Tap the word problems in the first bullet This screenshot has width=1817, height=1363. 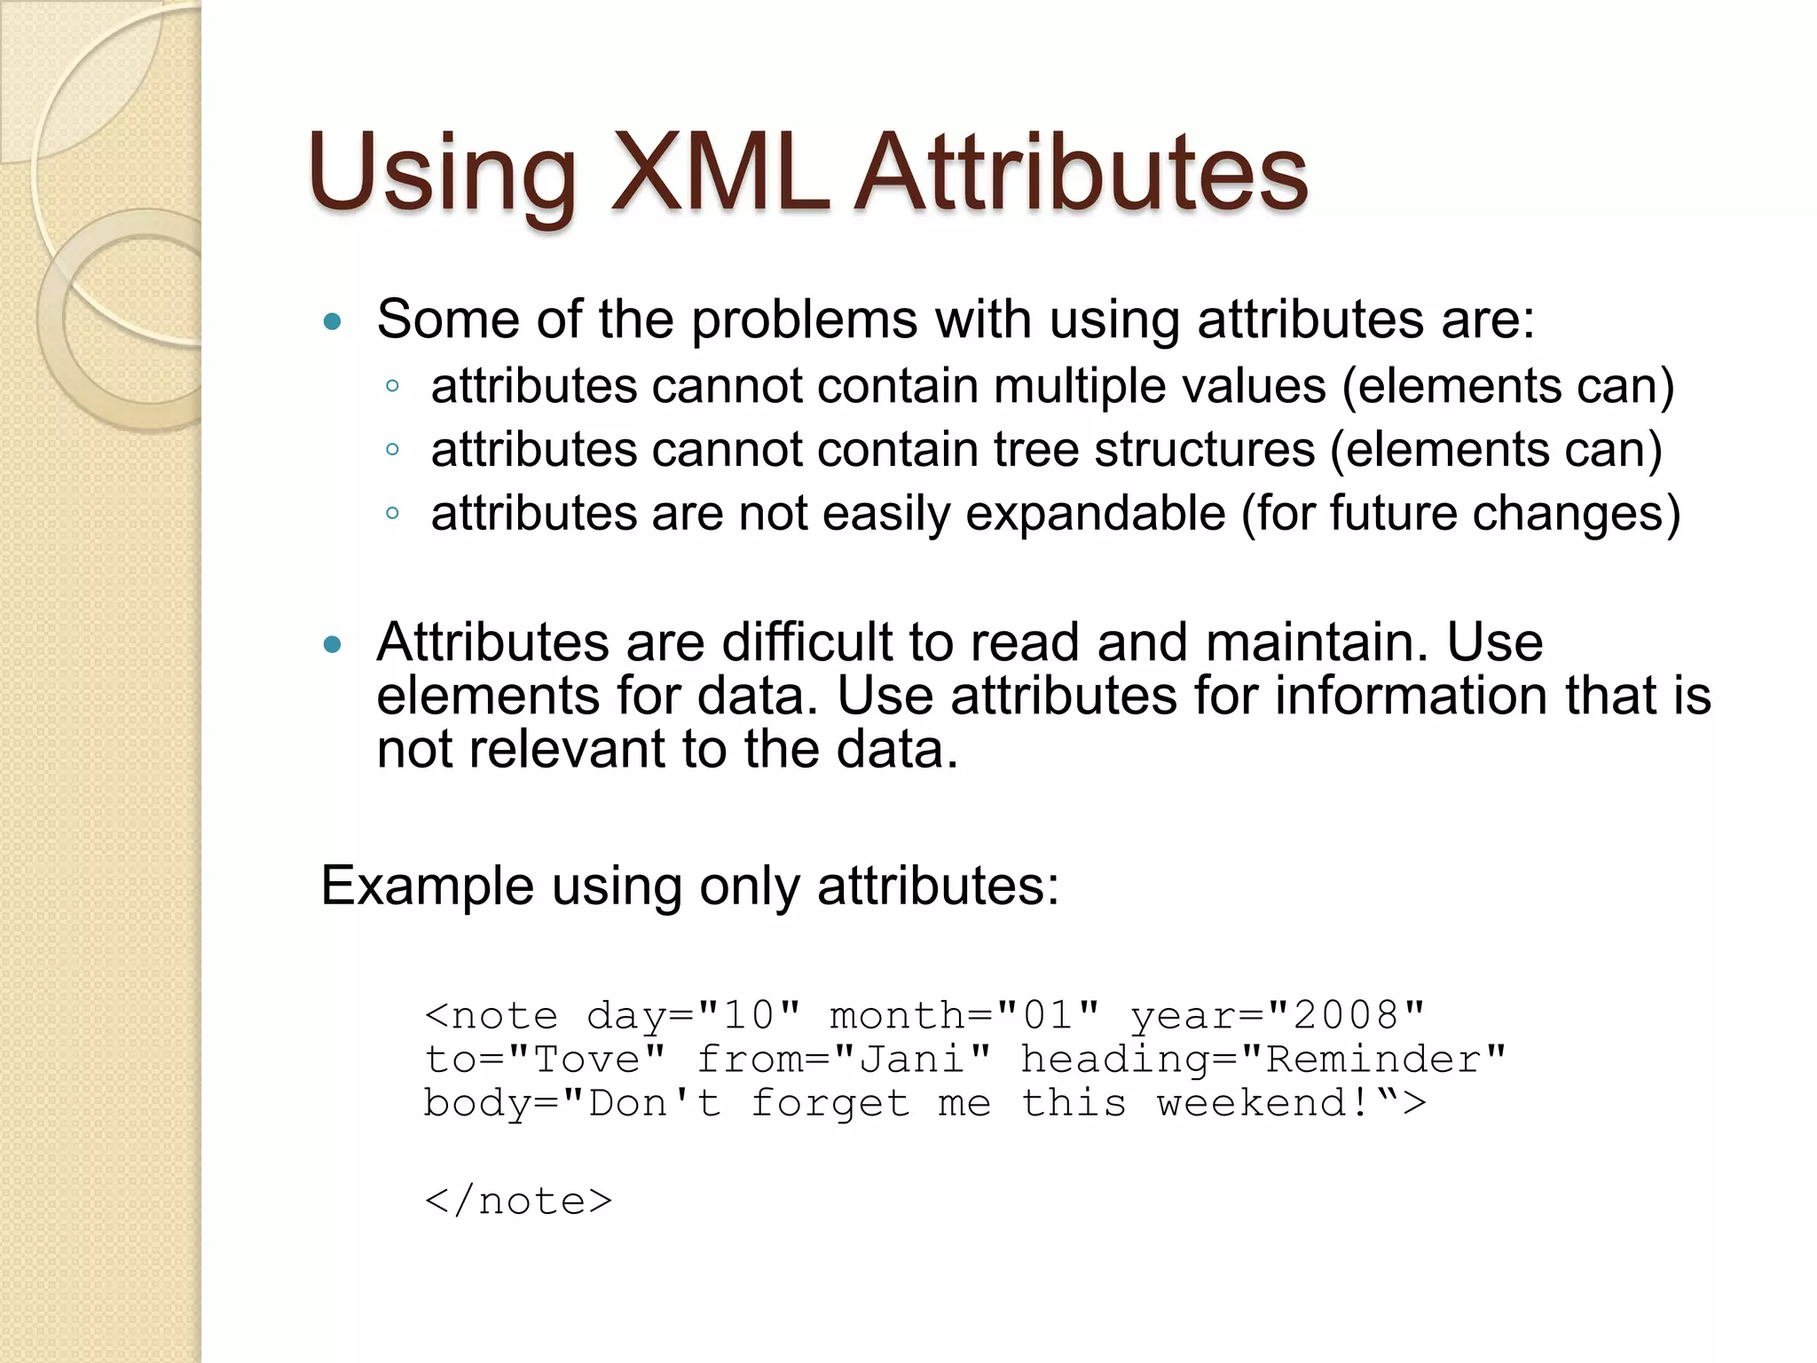tap(804, 319)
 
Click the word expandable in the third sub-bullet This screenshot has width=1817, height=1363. tap(1095, 514)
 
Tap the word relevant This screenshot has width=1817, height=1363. tap(566, 749)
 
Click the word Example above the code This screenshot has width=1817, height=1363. tap(427, 886)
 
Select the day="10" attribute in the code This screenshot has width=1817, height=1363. tap(694, 1015)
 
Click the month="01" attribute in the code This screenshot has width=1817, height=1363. tap(964, 1015)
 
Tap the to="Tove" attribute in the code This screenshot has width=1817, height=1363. tap(545, 1060)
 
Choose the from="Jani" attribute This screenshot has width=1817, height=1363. tap(844, 1060)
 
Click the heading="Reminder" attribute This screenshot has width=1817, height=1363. tap(1263, 1060)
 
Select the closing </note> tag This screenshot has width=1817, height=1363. tap(519, 1201)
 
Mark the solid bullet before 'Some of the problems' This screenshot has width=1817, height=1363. tap(333, 321)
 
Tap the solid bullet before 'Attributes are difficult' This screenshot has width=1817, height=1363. tap(333, 644)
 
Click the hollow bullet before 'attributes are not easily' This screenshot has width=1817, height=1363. tap(392, 513)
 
